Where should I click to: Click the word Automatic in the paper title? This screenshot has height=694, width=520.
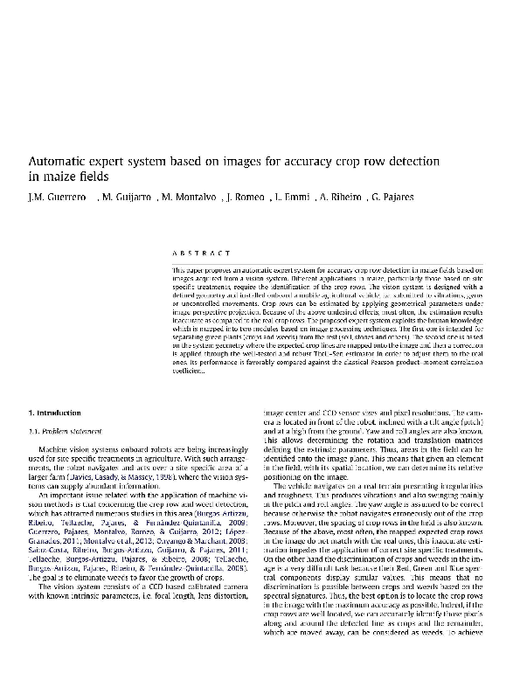click(58, 162)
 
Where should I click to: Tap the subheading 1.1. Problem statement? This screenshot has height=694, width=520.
click(69, 431)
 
